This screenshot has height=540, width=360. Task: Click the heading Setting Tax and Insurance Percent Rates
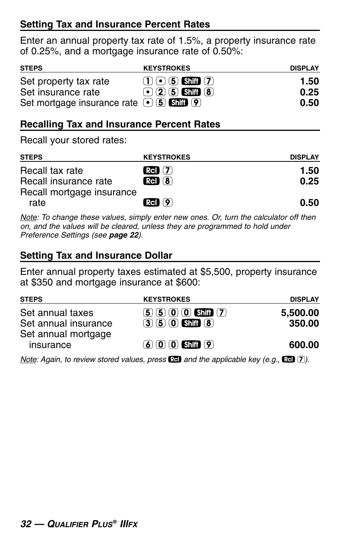(115, 25)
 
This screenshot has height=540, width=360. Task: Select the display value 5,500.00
(300, 313)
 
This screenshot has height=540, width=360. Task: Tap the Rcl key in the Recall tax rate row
(151, 170)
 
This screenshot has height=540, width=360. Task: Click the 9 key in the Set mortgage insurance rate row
(196, 103)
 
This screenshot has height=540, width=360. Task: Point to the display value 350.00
(304, 324)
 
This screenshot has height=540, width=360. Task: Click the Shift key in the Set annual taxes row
(204, 313)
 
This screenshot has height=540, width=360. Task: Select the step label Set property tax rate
(65, 81)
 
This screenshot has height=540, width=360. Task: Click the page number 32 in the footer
(26, 524)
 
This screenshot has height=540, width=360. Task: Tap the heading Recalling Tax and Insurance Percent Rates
(120, 124)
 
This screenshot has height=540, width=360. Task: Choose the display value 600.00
(304, 345)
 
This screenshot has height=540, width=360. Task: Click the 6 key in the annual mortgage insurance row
(148, 345)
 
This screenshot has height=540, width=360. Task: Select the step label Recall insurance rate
(66, 181)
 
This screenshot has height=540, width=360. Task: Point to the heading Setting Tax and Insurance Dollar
(96, 256)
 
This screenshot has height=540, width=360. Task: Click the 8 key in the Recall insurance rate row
(168, 181)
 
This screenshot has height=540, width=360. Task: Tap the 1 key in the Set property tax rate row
(148, 81)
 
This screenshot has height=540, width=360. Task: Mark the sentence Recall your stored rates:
(73, 140)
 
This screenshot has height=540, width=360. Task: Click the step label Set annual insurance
(66, 324)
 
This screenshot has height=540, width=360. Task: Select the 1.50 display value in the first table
(309, 81)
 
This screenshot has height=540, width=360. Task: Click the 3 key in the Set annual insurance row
(148, 323)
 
